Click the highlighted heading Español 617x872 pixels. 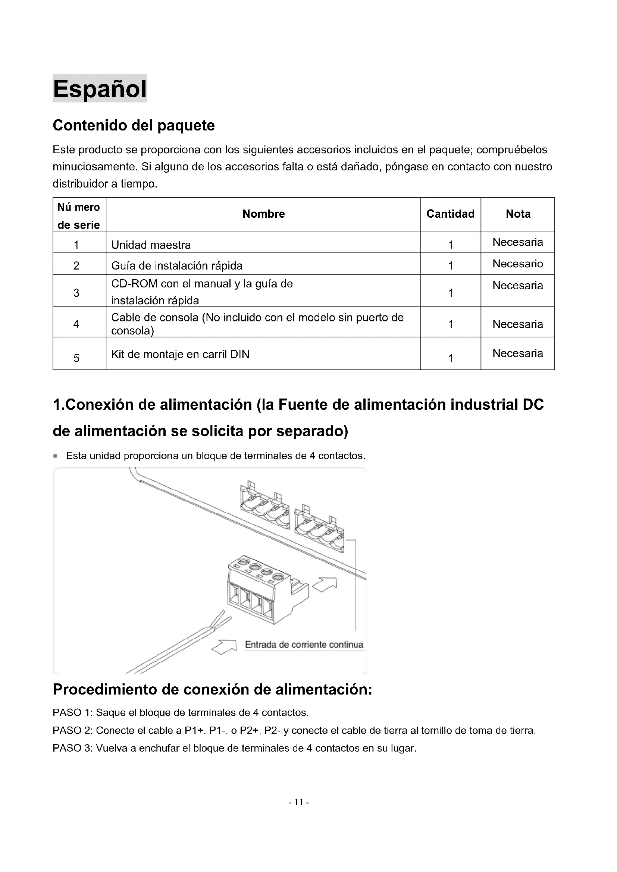point(100,88)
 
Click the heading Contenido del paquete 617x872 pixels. point(134,125)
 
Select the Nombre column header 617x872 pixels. point(263,214)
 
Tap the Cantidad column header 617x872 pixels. point(450,214)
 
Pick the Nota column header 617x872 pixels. point(518,214)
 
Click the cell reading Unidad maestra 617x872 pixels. point(151,245)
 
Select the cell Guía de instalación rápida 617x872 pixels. point(177,265)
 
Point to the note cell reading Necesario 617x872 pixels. point(518,264)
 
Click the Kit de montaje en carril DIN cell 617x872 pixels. point(180,354)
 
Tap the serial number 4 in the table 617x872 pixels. point(76,324)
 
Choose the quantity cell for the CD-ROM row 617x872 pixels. point(451,293)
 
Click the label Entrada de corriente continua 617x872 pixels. point(304,645)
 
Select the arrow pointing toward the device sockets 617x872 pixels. point(325,585)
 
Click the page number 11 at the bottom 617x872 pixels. point(299,802)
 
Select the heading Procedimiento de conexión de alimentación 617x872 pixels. point(212,690)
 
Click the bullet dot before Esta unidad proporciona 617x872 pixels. point(56,456)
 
